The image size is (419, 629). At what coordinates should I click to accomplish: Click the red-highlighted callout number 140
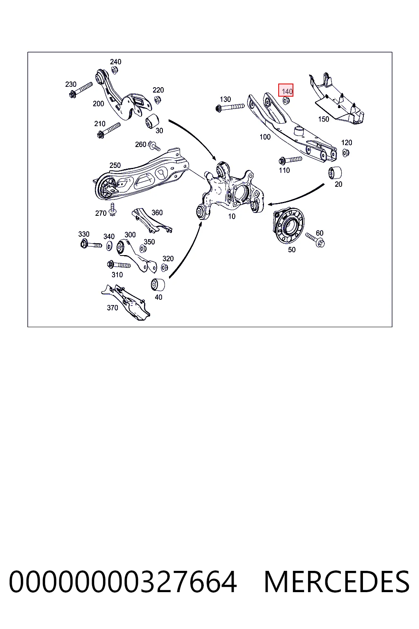[x=287, y=91]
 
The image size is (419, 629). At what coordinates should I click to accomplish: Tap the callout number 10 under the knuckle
[x=232, y=216]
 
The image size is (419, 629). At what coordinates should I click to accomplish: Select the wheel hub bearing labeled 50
[x=288, y=225]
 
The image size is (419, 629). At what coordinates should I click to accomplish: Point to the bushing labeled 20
[x=335, y=173]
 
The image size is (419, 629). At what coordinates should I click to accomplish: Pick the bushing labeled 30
[x=152, y=121]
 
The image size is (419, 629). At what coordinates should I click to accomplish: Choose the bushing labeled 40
[x=158, y=285]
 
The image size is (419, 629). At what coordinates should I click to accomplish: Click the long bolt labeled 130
[x=230, y=107]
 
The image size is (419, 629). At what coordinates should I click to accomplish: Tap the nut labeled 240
[x=114, y=70]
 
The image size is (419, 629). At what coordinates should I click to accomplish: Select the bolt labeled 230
[x=81, y=90]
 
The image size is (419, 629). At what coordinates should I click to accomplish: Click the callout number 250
[x=115, y=165]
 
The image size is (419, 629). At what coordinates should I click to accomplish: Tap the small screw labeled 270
[x=113, y=209]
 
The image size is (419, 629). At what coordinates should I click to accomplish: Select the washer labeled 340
[x=109, y=246]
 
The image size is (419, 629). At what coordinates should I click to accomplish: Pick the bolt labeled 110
[x=290, y=160]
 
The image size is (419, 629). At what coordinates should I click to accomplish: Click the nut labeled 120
[x=345, y=153]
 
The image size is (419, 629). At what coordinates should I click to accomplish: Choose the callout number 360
[x=157, y=213]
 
